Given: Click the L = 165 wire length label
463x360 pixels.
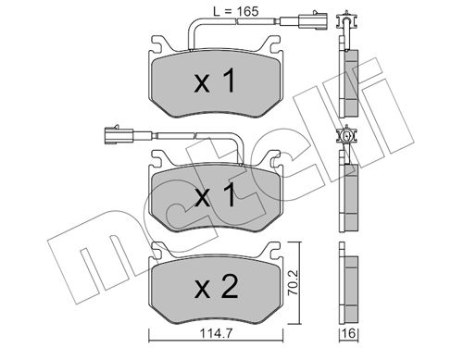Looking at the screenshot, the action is point(236,11).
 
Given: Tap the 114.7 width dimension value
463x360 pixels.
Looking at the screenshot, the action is point(216,333).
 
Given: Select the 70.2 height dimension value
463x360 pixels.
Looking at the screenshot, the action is point(293,283).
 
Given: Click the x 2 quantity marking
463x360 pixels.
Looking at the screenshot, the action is point(217,288).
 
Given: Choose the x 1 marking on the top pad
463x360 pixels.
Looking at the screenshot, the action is point(215,81).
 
